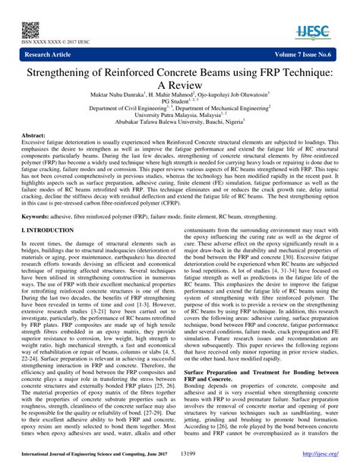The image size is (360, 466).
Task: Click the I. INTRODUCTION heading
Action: (55, 229)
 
